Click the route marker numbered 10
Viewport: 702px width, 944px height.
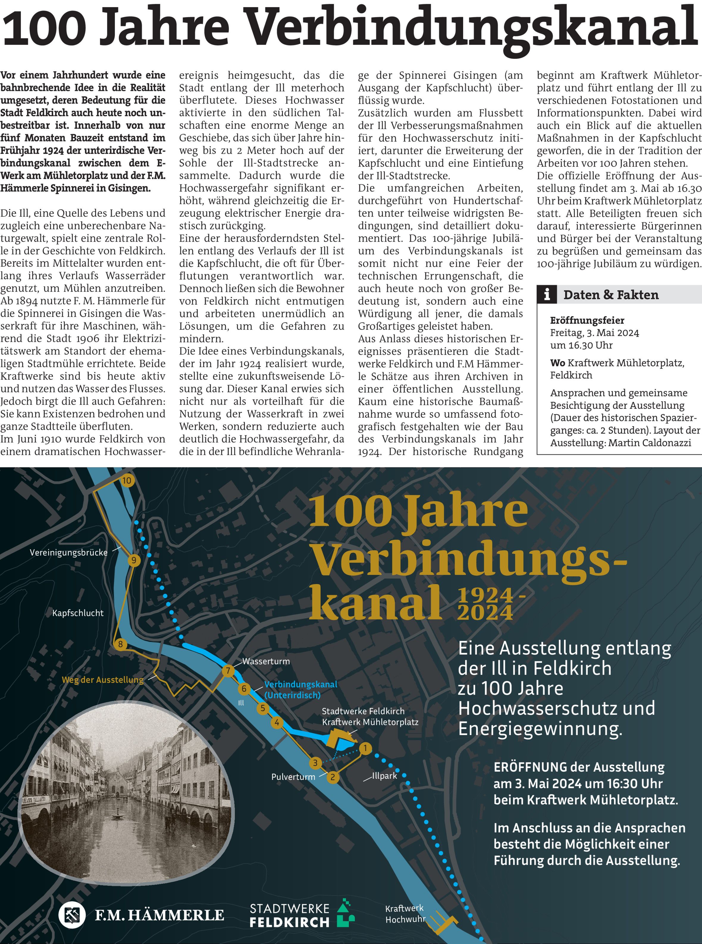tap(127, 481)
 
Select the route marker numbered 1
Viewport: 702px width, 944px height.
tap(365, 748)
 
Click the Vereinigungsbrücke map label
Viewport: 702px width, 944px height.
tap(68, 553)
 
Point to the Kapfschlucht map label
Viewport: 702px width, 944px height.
tap(78, 613)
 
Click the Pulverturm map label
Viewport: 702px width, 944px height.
tap(293, 777)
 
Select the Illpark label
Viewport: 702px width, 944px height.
tap(385, 776)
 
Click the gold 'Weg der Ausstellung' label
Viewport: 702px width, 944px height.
tap(102, 679)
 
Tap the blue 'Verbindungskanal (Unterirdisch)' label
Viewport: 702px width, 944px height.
tap(300, 690)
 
